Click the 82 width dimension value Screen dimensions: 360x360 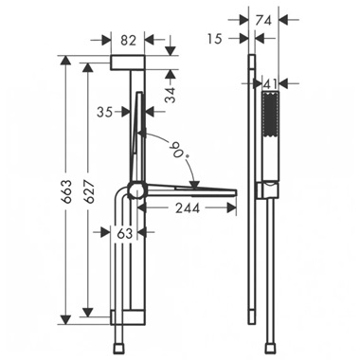click(x=127, y=41)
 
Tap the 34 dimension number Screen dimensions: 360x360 click(x=169, y=93)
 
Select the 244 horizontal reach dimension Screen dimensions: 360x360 click(x=181, y=209)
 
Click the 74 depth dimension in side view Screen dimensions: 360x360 click(x=265, y=18)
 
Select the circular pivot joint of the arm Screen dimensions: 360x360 click(x=135, y=189)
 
